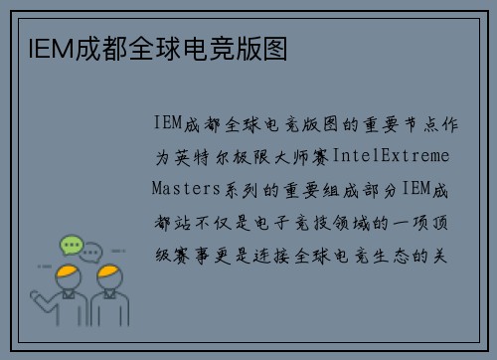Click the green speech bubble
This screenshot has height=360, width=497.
coord(71,244)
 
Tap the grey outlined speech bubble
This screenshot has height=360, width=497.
coord(91,252)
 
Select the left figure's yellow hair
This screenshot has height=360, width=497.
coord(67,270)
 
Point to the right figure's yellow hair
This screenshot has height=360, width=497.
coord(108,271)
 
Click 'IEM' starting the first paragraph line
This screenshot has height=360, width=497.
coord(166,124)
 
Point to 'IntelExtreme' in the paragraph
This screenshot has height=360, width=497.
coord(391,157)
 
